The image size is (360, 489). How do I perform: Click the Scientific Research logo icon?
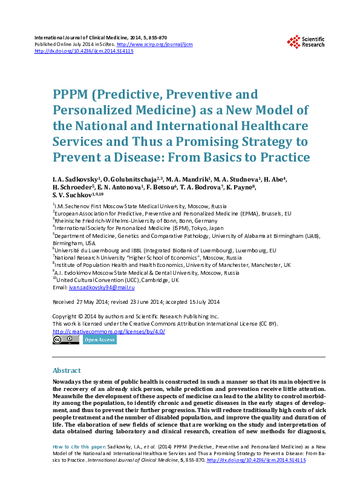click(293, 42)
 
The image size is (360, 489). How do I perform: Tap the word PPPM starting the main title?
click(71, 96)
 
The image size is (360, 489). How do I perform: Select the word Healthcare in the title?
click(270, 127)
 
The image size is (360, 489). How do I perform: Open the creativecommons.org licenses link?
click(109, 332)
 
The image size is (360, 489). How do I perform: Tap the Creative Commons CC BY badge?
click(65, 340)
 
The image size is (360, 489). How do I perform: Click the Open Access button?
click(99, 340)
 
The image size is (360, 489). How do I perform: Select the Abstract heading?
click(67, 370)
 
